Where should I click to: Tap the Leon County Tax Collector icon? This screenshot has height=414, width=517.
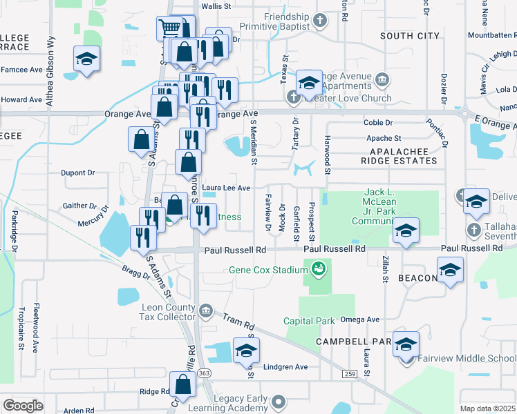[205, 312]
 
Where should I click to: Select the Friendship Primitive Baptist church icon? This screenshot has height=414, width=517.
[320, 21]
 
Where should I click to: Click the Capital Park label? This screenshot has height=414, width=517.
[309, 320]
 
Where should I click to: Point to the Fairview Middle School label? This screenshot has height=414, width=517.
[473, 358]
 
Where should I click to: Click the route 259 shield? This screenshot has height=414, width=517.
[348, 373]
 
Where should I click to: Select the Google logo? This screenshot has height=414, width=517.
[23, 405]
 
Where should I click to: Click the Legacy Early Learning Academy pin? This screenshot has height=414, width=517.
[279, 401]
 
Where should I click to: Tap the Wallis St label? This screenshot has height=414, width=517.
[215, 6]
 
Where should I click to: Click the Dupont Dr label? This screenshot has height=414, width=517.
[77, 173]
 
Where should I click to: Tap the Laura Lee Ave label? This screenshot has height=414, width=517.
[226, 187]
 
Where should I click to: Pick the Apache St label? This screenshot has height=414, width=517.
[384, 139]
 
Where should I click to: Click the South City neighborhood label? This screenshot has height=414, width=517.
[410, 35]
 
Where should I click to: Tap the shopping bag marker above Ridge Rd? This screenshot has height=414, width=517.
[182, 385]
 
